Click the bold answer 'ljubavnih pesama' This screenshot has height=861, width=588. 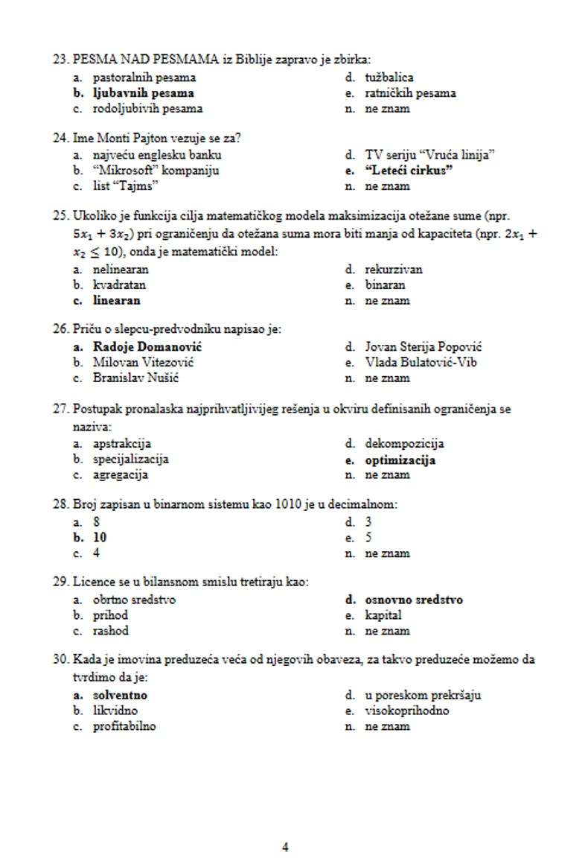coord(143,93)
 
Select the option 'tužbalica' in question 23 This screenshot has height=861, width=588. coord(389,77)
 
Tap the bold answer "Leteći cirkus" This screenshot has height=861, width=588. coord(409,171)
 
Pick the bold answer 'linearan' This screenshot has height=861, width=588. coord(117,301)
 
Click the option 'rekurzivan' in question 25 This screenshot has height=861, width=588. coord(394,270)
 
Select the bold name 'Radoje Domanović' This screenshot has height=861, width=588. coord(147,346)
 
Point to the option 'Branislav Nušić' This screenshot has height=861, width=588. coord(135,378)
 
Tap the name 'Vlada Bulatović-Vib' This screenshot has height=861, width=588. coord(421,362)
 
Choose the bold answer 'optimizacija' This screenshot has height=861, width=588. coord(400,460)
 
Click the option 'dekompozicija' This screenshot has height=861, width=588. coord(404,444)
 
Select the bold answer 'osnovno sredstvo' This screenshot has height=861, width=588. coord(414,600)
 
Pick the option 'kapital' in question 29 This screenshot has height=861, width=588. coord(383,615)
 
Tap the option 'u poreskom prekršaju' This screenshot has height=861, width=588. coord(423,695)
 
